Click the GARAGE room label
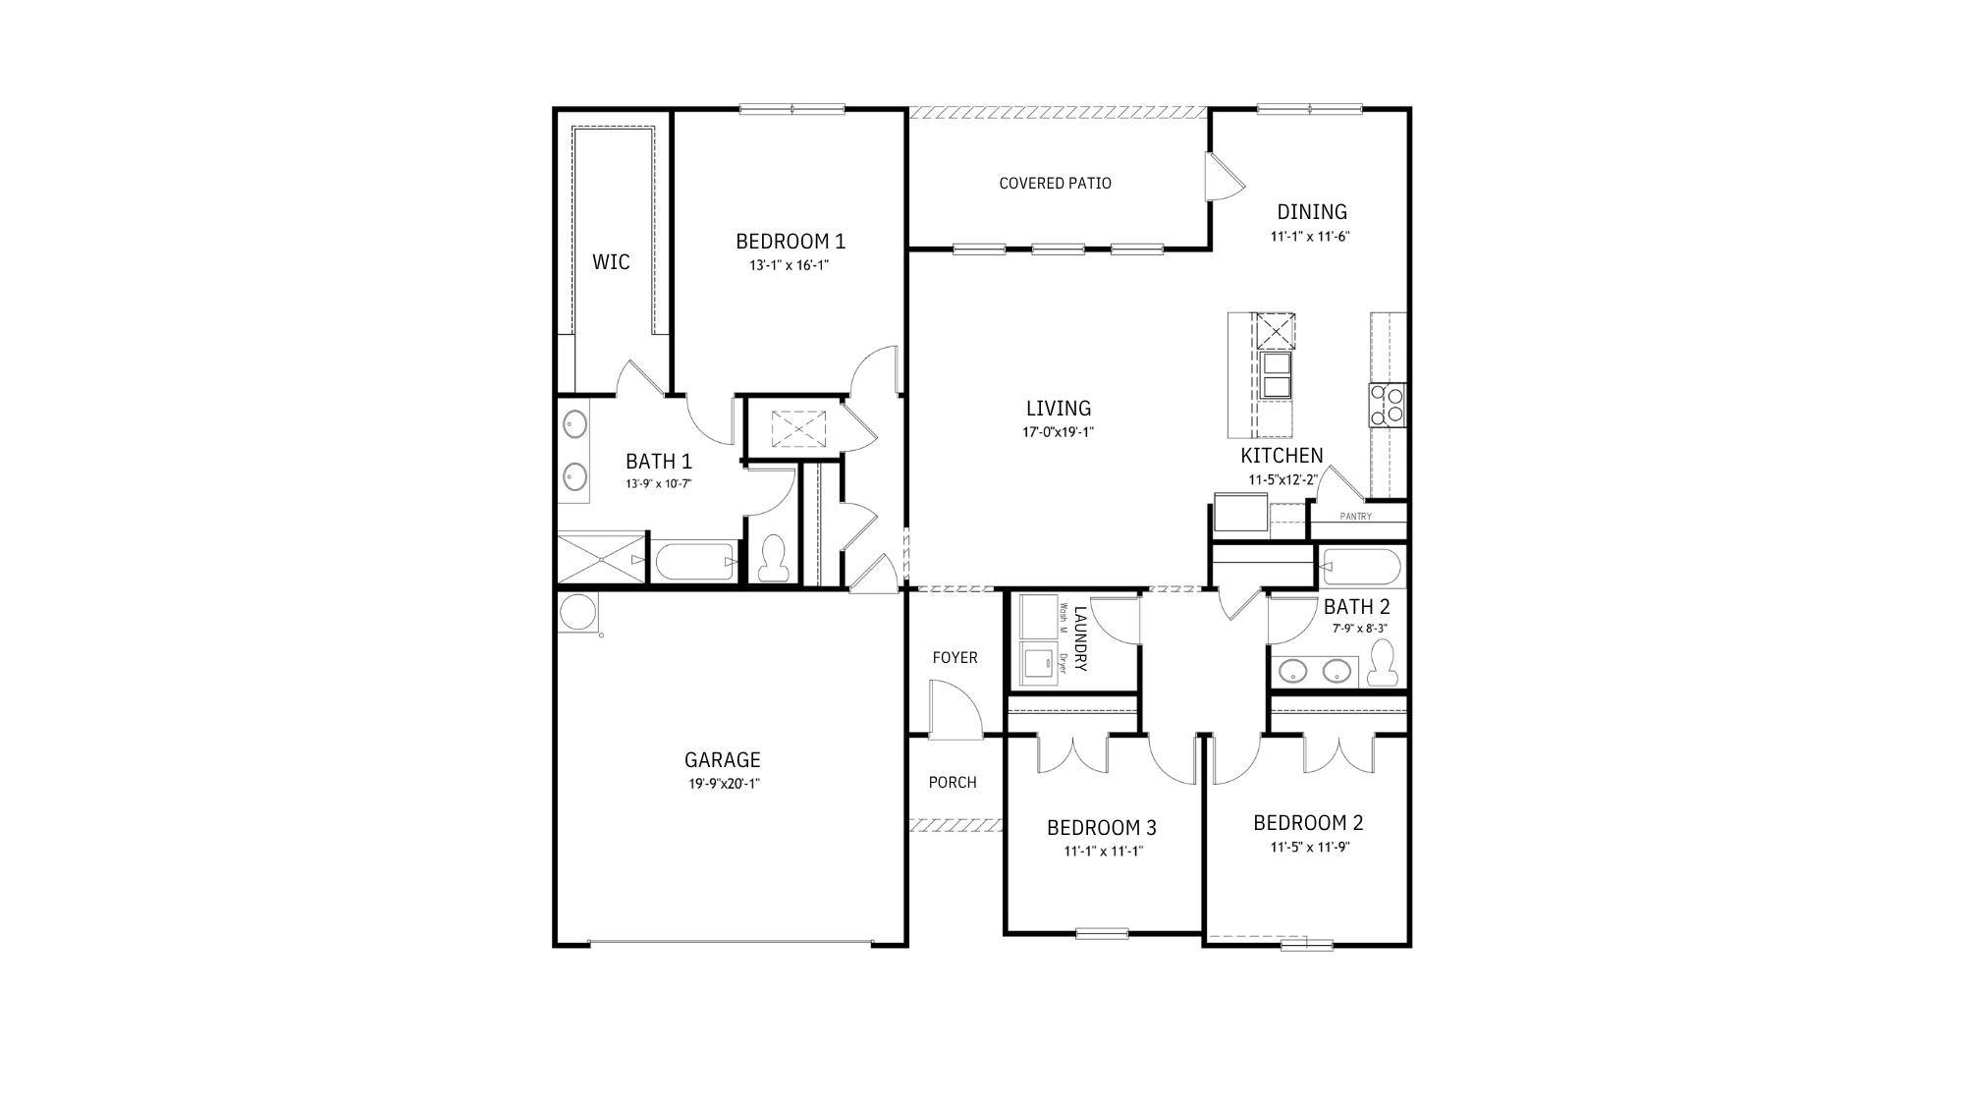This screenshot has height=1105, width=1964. click(722, 759)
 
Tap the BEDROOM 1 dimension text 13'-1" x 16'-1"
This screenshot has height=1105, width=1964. click(790, 265)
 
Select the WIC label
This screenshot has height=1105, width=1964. click(611, 262)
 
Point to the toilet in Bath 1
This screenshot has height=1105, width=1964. click(774, 558)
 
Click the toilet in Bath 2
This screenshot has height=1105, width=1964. click(1384, 662)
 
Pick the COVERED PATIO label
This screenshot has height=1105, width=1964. click(1055, 183)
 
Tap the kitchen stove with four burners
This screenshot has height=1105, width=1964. click(1388, 405)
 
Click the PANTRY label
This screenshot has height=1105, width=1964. click(1356, 517)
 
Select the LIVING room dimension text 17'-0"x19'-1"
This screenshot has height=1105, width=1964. click(1058, 432)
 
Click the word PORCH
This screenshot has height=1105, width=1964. click(953, 783)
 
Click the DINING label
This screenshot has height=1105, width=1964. click(1312, 212)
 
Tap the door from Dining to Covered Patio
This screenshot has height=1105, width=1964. click(1225, 177)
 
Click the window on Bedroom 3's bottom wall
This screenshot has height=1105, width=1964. click(1101, 932)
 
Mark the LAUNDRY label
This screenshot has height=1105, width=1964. click(1081, 638)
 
